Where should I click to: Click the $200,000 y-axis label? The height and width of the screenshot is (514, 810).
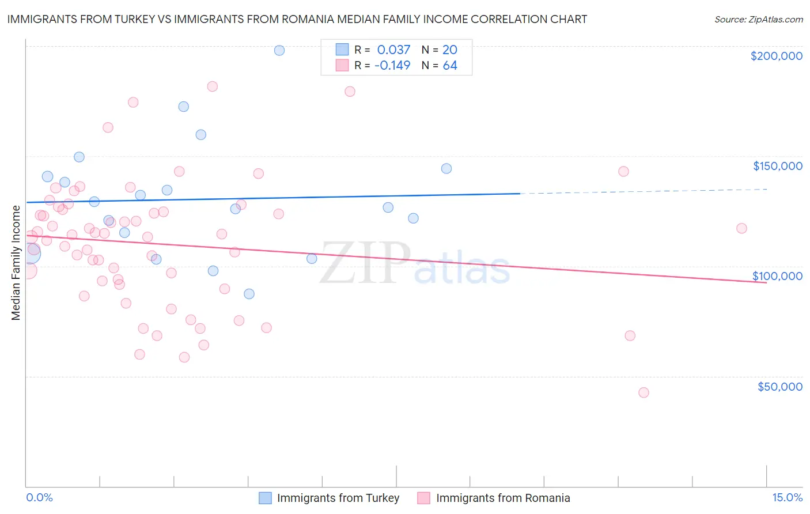coord(776,56)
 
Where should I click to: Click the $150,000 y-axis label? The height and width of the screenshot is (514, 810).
coord(777,166)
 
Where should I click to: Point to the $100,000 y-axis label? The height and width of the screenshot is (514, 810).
coord(777,276)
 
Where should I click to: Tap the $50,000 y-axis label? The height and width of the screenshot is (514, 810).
coord(779,386)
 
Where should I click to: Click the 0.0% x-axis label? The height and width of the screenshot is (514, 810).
coord(39,497)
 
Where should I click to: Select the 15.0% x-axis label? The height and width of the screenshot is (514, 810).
coord(787,497)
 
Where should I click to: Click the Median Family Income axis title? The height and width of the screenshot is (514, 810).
coord(16,263)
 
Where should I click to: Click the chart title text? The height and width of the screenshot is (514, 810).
coord(297,19)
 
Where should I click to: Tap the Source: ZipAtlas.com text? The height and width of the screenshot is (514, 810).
coord(758,20)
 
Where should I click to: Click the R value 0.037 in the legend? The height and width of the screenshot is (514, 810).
coord(393,50)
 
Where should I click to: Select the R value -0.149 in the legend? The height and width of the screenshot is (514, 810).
coord(392,65)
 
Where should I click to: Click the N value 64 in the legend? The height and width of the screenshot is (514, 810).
coord(450,65)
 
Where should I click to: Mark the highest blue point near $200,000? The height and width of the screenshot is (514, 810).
coord(279,50)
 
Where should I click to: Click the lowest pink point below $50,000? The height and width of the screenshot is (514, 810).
coord(644,392)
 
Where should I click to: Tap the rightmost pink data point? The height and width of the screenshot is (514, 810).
coord(741,228)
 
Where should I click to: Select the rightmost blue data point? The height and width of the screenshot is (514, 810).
coord(446,169)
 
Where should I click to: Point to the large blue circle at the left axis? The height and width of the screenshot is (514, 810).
coord(29,254)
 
